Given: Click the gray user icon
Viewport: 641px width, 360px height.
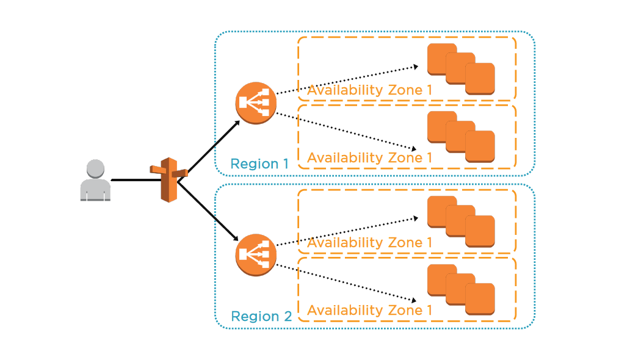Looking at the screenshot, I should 95,181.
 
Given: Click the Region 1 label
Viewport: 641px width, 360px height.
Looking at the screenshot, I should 259,164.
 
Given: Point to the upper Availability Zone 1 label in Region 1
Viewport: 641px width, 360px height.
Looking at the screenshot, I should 369,90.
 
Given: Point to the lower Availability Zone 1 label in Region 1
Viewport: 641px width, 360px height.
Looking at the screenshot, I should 369,157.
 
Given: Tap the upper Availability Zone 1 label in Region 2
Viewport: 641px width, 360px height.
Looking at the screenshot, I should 369,243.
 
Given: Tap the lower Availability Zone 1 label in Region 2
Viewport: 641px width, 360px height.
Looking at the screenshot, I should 369,310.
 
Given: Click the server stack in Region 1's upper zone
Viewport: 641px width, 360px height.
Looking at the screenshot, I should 460,69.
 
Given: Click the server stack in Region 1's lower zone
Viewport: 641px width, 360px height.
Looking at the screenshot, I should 460,137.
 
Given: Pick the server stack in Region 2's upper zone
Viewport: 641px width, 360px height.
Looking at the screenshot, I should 460,221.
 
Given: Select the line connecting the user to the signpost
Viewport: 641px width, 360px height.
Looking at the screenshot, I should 131,181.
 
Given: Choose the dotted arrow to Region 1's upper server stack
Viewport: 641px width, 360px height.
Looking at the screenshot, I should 345,80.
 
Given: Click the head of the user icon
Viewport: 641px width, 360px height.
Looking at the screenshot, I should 95,168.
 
